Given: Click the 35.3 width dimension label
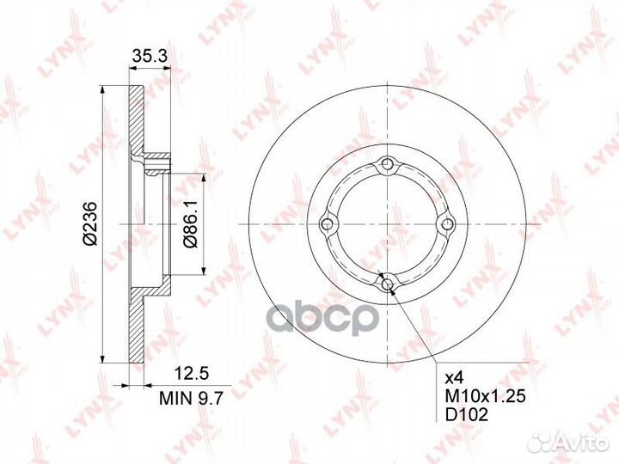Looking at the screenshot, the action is (150, 56).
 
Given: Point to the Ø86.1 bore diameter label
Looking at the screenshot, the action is (191, 223).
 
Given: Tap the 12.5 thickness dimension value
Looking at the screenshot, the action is (191, 374).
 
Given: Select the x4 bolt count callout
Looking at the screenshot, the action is (454, 378).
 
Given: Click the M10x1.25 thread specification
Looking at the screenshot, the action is (485, 396).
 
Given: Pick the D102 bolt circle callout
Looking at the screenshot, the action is (466, 415).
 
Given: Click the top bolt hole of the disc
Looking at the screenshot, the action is (388, 164).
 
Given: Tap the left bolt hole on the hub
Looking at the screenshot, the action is (328, 224).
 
